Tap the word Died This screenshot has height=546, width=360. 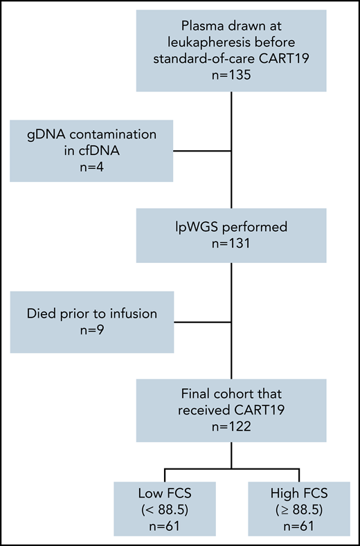tap(44, 313)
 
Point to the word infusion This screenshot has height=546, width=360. tap(131, 313)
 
